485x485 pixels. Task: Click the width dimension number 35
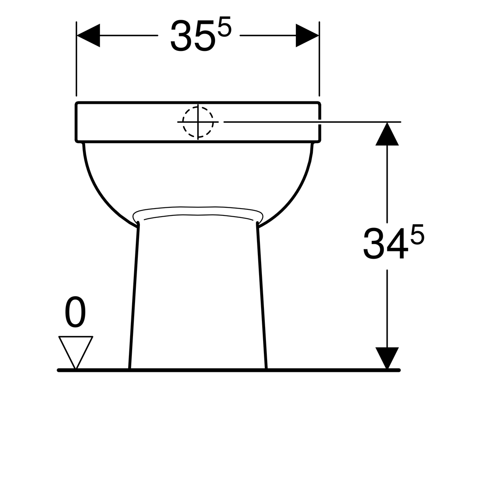191,36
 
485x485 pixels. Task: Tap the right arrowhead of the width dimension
307,36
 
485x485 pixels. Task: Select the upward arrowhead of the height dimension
387,135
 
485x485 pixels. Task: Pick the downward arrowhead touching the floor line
387,357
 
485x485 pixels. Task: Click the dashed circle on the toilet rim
198,121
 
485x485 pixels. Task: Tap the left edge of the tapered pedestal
134,295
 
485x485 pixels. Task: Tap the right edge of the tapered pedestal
262,295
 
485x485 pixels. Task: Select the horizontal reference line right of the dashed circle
311,121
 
